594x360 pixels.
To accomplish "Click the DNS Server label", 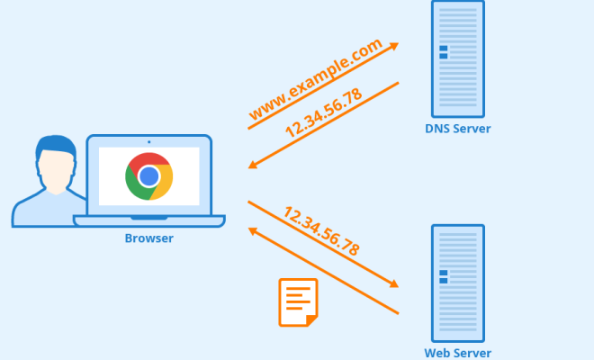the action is pos(457,129).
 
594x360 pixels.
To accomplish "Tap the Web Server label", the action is pos(457,353).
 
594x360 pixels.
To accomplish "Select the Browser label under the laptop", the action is pos(148,238).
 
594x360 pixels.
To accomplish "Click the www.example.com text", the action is pos(316,79).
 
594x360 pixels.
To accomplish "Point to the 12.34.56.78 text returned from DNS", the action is pos(323,112).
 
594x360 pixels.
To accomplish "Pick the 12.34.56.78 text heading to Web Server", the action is pos(321,230).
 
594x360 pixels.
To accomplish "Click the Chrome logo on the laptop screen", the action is pos(148,176).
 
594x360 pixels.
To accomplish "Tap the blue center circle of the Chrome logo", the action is pos(148,176).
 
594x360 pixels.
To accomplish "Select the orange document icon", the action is pos(298,302).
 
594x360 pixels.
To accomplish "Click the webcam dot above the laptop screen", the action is pos(148,142).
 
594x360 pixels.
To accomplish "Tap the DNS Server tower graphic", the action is pos(458,59).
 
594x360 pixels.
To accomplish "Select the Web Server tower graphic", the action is pos(458,283).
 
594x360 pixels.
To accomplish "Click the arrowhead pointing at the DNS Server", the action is pos(394,46).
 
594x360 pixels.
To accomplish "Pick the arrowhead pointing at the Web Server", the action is pos(394,283).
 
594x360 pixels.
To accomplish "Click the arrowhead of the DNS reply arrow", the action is pos(253,165).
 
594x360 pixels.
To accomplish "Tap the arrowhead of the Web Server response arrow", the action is pos(253,231).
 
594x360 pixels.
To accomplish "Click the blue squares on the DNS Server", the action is pos(443,52).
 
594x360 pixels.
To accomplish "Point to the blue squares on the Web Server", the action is pos(443,276).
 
